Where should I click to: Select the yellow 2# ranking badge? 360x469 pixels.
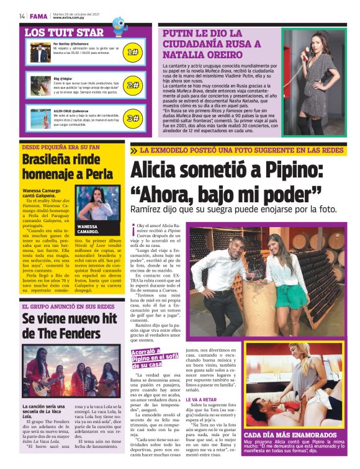pos(132,85)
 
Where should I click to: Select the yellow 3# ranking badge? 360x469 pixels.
pos(132,117)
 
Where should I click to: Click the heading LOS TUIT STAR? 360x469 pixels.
pos(64,32)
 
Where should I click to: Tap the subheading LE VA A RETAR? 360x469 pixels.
pos(202,400)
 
